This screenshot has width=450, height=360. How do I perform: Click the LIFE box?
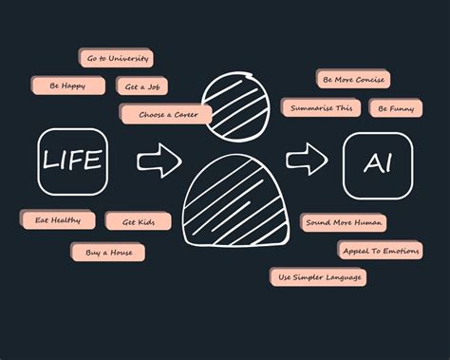point(71,161)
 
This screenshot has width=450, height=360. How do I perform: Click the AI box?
point(377,164)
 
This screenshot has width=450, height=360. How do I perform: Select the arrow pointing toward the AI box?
point(306,158)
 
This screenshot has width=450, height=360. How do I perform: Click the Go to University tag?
point(118,59)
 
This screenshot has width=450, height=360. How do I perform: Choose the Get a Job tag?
point(142,86)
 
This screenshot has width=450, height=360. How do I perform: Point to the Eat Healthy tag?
point(59,219)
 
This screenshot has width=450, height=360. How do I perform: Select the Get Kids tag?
point(138,221)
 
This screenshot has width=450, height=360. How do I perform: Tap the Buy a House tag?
point(108,253)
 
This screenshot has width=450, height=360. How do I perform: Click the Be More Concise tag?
point(353,80)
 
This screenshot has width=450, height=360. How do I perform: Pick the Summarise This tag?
point(321,108)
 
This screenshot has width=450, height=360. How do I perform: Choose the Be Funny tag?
point(396,109)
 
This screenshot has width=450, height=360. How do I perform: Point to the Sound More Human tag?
point(344,222)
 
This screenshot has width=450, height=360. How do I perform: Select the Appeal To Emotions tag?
point(380,250)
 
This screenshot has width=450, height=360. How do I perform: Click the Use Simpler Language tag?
point(318,277)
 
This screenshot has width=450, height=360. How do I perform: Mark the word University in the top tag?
point(129,59)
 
